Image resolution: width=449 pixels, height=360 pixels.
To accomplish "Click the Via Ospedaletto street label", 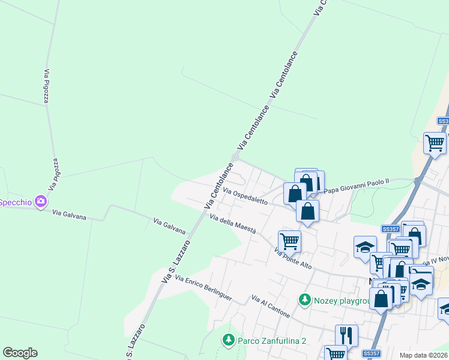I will pyautogui.click(x=245, y=196).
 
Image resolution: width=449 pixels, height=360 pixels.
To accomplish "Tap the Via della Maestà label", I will pyautogui.click(x=233, y=224).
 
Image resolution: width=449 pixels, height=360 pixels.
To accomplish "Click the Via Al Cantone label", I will pyautogui.click(x=271, y=307).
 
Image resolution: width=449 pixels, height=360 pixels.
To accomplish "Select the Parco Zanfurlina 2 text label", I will pyautogui.click(x=272, y=341).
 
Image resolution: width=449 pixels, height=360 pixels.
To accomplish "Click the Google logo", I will pyautogui.click(x=20, y=353).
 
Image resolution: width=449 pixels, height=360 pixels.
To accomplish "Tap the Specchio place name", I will pyautogui.click(x=15, y=202).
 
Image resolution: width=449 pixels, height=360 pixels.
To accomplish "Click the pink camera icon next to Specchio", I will pyautogui.click(x=41, y=202).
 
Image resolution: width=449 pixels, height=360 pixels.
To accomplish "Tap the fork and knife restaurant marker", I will pyautogui.click(x=346, y=335).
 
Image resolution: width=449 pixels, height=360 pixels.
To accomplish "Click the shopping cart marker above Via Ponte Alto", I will pyautogui.click(x=289, y=241).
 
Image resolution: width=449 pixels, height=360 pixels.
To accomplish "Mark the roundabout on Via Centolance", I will pyautogui.click(x=235, y=157).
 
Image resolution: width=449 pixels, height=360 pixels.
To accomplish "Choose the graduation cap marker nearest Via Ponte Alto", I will pyautogui.click(x=365, y=247).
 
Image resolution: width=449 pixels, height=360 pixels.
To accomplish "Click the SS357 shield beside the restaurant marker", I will pyautogui.click(x=372, y=354).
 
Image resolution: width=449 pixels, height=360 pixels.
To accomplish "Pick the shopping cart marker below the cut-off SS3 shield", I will pyautogui.click(x=435, y=143).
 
